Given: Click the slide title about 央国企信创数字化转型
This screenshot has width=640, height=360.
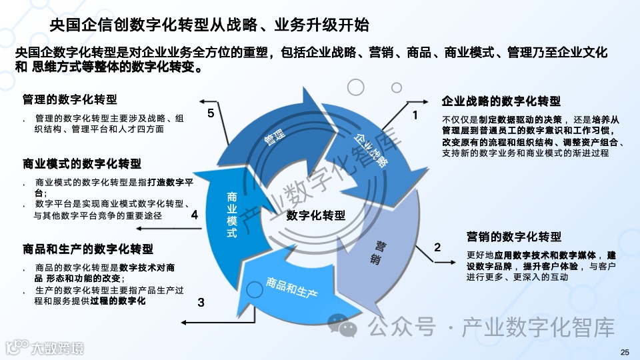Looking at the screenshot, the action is tap(209, 25).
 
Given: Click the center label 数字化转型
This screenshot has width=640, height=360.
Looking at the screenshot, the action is tap(316, 215).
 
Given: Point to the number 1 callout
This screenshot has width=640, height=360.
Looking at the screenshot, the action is tap(415, 115).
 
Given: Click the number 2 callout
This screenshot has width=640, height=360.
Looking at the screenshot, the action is tap(437, 247).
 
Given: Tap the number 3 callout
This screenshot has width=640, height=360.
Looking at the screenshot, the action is tap(201, 302).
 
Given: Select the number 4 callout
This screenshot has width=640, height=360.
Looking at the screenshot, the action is tap(194, 215).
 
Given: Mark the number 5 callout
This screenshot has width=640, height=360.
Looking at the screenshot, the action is tap(211, 113).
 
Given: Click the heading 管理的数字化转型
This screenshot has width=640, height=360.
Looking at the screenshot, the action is tap(69, 100).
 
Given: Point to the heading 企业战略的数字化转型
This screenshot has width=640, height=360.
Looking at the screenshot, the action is tap(501, 101).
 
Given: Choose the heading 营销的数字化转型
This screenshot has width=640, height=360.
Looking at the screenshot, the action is tap(513, 237).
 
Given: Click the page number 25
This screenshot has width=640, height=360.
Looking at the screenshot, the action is tap(624, 352).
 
